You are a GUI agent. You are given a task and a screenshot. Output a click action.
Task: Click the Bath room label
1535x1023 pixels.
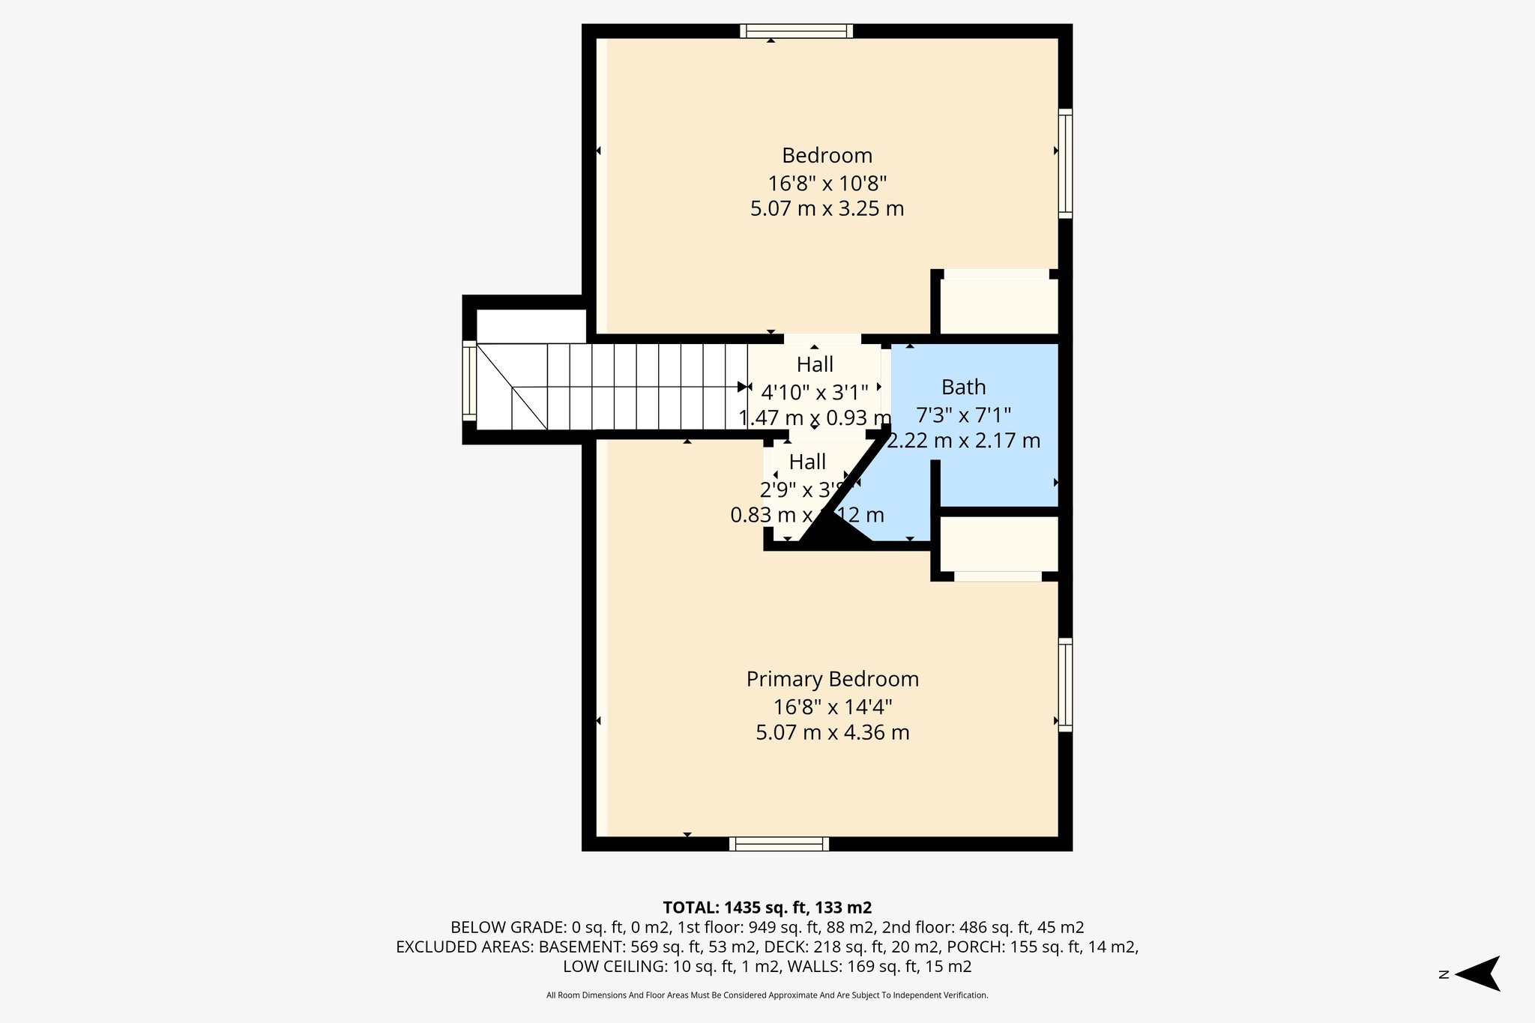coord(963,387)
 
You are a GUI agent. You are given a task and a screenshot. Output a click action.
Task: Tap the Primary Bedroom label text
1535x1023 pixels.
coord(832,679)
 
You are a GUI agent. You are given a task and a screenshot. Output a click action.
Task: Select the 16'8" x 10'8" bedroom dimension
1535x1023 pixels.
coord(827,183)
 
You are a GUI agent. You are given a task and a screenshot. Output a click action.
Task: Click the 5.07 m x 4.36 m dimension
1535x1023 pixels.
coord(832,732)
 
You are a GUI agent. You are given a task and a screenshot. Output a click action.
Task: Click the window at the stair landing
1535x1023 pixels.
coord(469,380)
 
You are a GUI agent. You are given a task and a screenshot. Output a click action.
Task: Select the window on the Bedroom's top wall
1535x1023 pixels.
coord(796,31)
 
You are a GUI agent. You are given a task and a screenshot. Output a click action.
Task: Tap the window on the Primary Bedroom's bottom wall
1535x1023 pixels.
coord(779,844)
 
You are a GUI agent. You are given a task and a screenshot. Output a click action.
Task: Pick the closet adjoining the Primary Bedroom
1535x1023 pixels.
coord(998,543)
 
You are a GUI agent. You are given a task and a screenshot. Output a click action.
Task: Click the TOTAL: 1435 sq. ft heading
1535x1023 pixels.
coord(767,908)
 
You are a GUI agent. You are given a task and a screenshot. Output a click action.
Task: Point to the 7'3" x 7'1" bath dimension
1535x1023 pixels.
coord(963,414)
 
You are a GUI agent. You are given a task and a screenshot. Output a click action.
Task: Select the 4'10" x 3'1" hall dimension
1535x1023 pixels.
coord(815,392)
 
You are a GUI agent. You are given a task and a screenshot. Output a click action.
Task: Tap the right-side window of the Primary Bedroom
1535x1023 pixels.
coord(1065,683)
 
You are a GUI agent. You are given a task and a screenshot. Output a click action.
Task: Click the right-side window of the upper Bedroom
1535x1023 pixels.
coord(1065,163)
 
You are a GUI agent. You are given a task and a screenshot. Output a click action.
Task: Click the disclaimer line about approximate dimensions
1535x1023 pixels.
coord(767,995)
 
